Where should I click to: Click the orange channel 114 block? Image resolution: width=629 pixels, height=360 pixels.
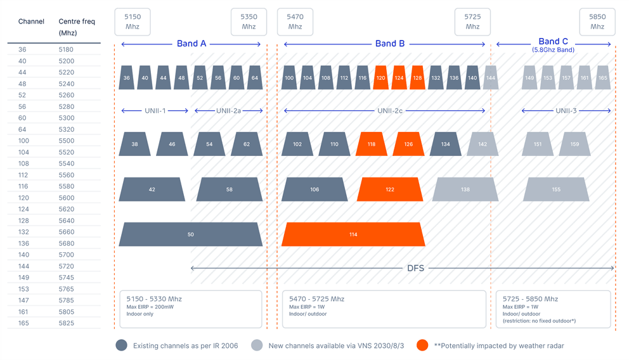[353, 235]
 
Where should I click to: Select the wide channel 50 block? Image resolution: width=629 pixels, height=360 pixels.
[191, 235]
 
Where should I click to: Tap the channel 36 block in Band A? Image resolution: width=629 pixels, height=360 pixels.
[127, 78]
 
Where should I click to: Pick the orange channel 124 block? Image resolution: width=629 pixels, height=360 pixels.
[399, 78]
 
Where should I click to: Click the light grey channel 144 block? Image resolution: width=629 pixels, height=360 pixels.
[491, 78]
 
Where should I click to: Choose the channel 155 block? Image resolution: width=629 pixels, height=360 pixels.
[556, 190]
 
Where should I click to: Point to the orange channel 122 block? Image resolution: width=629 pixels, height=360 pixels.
[390, 190]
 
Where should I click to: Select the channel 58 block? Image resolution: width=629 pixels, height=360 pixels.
[230, 190]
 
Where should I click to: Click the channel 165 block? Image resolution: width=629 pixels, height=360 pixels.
[602, 78]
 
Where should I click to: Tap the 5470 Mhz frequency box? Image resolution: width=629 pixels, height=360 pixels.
[295, 22]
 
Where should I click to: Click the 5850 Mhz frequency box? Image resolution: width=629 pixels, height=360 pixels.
[597, 22]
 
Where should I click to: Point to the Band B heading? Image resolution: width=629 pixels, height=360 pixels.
[390, 44]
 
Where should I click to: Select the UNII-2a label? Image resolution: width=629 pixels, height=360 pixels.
[228, 111]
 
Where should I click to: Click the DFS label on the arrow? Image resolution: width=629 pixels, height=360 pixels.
[415, 268]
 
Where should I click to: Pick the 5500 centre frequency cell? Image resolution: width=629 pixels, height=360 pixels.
[67, 141]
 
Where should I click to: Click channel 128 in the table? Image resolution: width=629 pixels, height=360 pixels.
[23, 221]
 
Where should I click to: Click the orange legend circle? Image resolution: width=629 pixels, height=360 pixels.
[423, 345]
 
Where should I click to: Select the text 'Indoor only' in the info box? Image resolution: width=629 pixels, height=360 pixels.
[140, 314]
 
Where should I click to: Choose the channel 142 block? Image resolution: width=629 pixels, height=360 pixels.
[483, 145]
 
